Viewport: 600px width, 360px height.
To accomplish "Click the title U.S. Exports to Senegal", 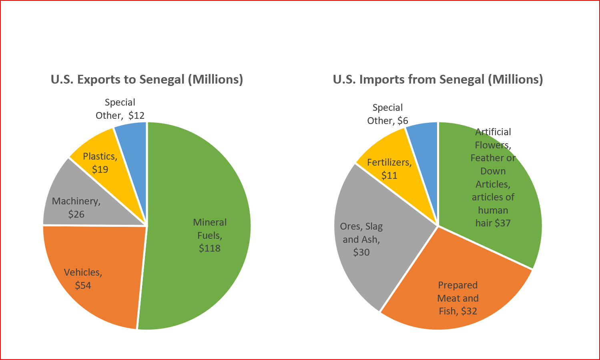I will (x=147, y=80).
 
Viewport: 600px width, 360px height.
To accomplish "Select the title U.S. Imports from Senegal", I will (x=438, y=80).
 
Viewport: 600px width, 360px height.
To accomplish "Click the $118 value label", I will (x=210, y=248).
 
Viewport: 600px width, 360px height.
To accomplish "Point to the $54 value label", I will (x=83, y=286).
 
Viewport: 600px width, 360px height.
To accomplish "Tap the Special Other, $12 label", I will (x=120, y=109).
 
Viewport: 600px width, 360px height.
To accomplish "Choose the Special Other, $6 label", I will (x=387, y=114).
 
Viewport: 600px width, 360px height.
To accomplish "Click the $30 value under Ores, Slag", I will (x=361, y=252).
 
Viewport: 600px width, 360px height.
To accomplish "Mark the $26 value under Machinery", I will (x=76, y=214).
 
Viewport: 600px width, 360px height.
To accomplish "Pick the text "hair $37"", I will (x=493, y=223).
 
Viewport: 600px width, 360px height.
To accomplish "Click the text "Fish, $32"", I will (x=458, y=311).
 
